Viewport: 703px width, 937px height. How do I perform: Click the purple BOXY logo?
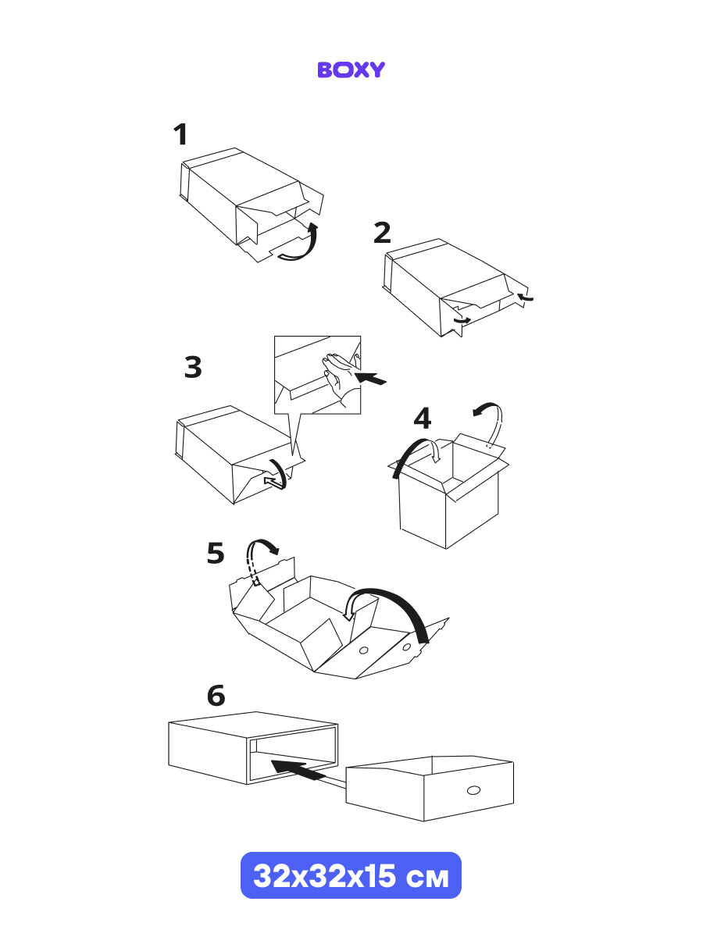coord(351,69)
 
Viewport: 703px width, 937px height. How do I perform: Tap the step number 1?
coord(180,135)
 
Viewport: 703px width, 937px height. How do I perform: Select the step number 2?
coord(382,233)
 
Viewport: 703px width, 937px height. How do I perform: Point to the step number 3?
coord(193,367)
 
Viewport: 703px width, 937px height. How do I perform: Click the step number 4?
coord(422,419)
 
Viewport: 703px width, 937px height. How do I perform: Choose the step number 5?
coord(216,554)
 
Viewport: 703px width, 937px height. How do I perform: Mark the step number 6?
coord(216,695)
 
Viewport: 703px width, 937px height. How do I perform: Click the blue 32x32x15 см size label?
coord(351,875)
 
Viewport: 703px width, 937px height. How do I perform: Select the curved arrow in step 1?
coord(302,245)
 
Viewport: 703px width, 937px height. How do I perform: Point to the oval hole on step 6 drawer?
coord(473,792)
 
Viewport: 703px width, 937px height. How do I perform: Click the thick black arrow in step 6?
coord(298,770)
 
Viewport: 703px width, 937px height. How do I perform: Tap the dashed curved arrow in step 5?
coord(259,556)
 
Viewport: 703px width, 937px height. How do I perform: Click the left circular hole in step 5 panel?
coord(363,650)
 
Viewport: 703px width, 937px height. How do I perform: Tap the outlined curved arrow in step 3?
coord(277,476)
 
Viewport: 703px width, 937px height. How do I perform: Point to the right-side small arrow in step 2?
coord(526,297)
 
